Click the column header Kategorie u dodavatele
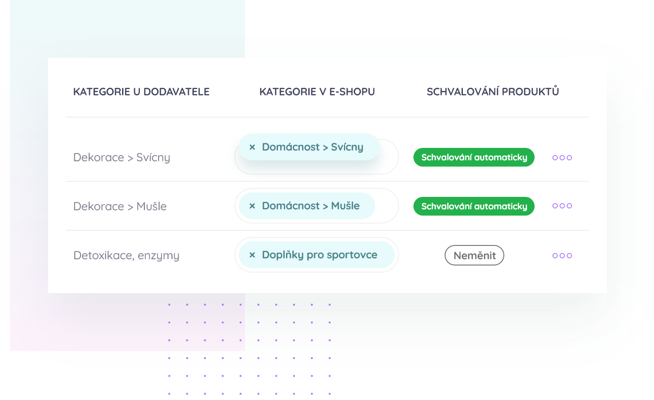pyautogui.click(x=141, y=92)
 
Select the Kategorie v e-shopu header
pyautogui.click(x=317, y=92)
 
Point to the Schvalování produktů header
pyautogui.click(x=493, y=91)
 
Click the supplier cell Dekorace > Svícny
pyautogui.click(x=122, y=158)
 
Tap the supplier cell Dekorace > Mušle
pyautogui.click(x=120, y=207)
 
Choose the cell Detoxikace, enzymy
pyautogui.click(x=126, y=256)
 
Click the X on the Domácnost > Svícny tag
pyautogui.click(x=252, y=147)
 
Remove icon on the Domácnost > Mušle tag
pyautogui.click(x=252, y=206)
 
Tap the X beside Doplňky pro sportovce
pyautogui.click(x=252, y=255)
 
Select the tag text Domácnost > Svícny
pyautogui.click(x=312, y=147)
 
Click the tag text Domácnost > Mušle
pyautogui.click(x=311, y=206)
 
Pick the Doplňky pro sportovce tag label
pyautogui.click(x=319, y=255)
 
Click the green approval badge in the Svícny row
pyautogui.click(x=474, y=157)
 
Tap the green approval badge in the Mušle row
pyautogui.click(x=474, y=206)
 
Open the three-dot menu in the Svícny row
pyautogui.click(x=562, y=158)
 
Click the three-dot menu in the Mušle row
pyautogui.click(x=562, y=206)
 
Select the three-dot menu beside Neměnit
pyautogui.click(x=562, y=256)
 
